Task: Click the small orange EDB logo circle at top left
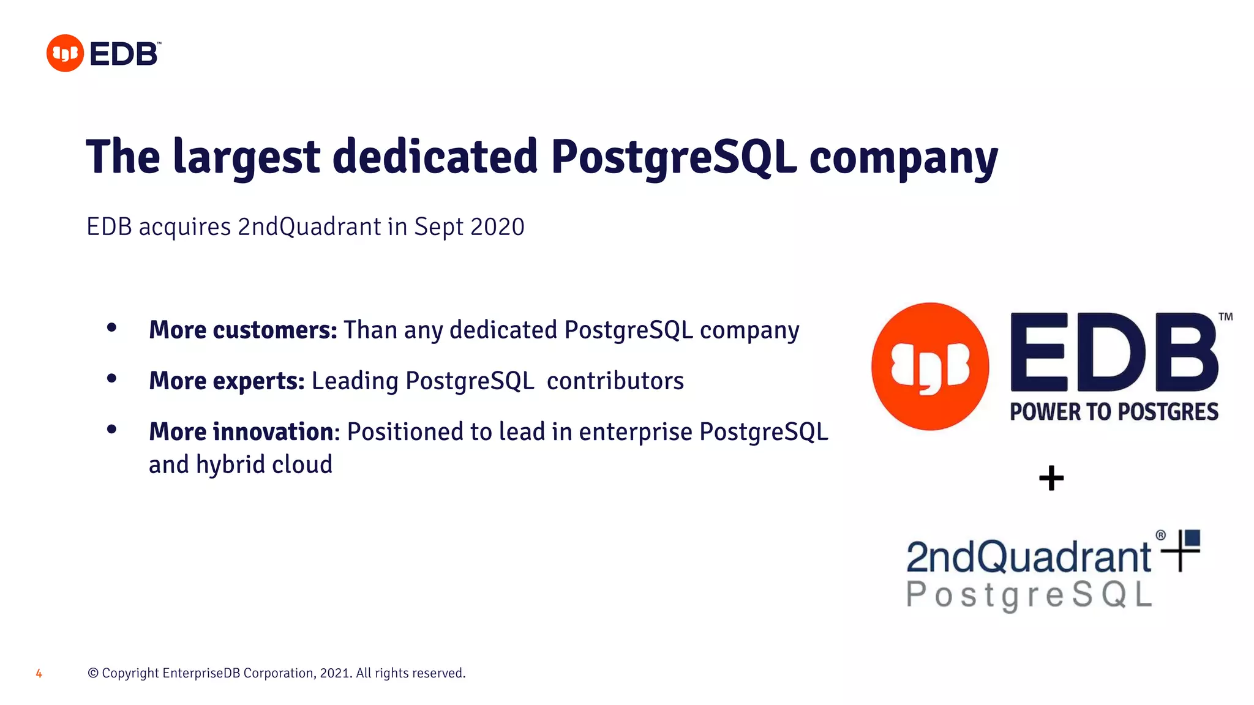[x=65, y=53]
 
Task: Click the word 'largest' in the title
[x=246, y=158]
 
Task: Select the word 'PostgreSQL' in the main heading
[x=674, y=158]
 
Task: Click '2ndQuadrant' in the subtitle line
[x=309, y=227]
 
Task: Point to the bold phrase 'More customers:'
[x=243, y=330]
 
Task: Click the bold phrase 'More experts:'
[x=227, y=381]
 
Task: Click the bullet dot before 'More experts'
[x=111, y=379]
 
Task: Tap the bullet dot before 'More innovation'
[x=111, y=430]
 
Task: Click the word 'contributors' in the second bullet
[x=615, y=381]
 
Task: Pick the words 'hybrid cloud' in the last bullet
[x=264, y=464]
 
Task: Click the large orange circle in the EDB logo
[x=930, y=367]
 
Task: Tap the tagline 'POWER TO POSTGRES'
[x=1114, y=412]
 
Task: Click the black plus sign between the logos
[x=1051, y=478]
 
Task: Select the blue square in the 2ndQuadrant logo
[x=1192, y=538]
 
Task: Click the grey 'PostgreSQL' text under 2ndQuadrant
[x=1029, y=594]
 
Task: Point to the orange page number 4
[x=39, y=674]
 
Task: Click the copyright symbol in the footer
[x=93, y=673]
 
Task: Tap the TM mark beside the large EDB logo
[x=1225, y=317]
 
